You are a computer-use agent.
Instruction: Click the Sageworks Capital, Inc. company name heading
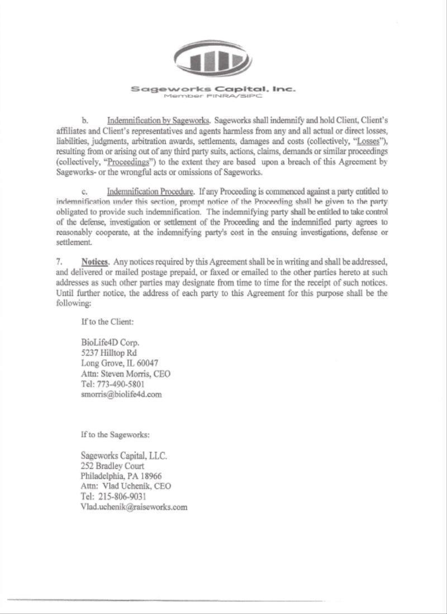(x=213, y=89)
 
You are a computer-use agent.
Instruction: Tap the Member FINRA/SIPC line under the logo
(x=212, y=96)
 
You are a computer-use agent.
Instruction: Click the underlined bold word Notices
(x=94, y=262)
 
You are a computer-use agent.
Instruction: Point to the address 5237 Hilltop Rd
(x=109, y=353)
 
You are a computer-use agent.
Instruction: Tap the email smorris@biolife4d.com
(x=121, y=394)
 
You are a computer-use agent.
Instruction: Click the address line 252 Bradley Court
(x=112, y=466)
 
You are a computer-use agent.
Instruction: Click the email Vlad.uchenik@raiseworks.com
(x=134, y=507)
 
